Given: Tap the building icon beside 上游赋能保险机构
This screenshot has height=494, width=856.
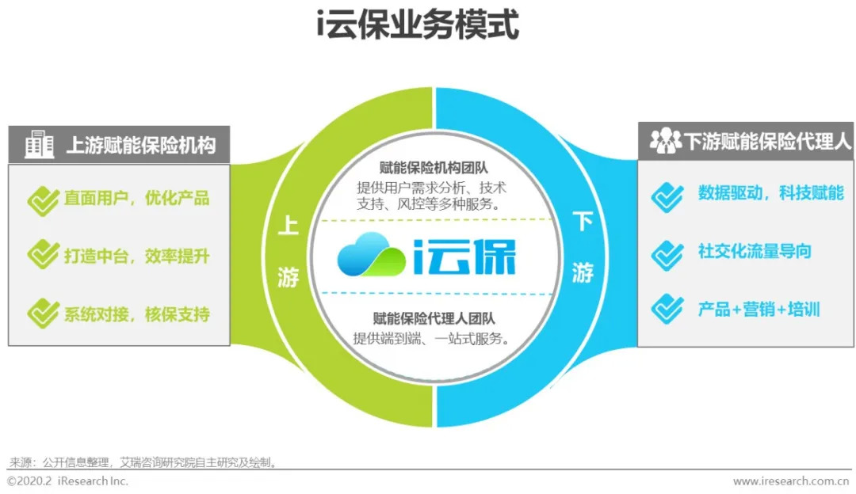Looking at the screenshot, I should (39, 145).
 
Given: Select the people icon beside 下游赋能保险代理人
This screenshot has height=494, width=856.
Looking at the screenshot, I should (664, 142).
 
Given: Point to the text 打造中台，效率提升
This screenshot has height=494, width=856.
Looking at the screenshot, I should (136, 256).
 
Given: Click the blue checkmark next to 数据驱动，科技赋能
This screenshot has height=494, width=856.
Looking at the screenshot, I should (667, 195).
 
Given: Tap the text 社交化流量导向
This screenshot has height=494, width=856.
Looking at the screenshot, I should (754, 252).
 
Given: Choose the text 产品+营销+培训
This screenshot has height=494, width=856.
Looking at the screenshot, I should (758, 309).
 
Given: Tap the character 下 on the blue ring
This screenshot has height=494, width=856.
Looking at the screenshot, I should (583, 222).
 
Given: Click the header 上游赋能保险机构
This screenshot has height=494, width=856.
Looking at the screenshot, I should (139, 146).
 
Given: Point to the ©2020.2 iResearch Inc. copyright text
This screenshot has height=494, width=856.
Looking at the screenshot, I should (67, 481).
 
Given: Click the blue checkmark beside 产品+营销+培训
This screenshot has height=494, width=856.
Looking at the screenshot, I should (667, 309).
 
